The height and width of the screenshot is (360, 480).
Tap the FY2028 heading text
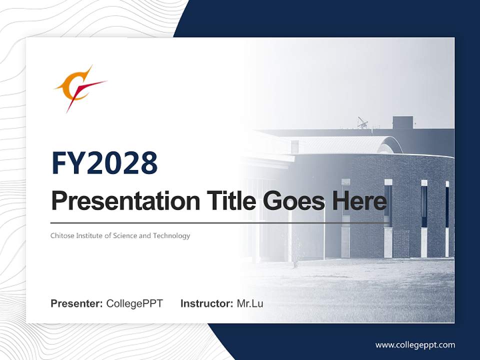coord(104,163)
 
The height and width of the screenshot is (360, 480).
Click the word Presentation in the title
coord(125,201)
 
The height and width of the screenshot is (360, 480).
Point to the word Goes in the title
coord(293,201)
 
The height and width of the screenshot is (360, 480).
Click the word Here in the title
coord(359,200)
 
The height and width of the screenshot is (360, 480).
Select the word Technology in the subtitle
coord(171,236)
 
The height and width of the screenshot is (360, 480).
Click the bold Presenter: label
coord(76,303)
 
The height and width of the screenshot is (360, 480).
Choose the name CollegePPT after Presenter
coord(134,303)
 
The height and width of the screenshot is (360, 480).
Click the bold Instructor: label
coord(207,303)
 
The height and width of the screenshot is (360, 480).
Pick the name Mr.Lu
coord(250,303)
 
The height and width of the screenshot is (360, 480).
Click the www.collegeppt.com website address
coord(415,345)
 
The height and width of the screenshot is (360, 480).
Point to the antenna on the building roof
coord(363,122)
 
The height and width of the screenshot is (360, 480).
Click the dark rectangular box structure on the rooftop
coord(402,122)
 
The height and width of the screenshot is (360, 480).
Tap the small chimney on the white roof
coord(295,147)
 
